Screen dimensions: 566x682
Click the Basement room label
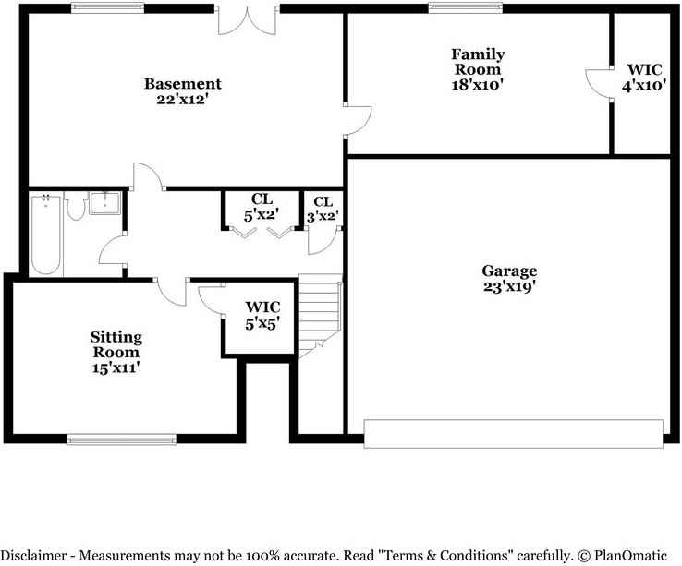[182, 84]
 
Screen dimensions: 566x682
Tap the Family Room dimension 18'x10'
[477, 84]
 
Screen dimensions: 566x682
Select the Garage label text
[508, 271]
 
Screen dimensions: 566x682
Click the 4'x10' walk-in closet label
[644, 84]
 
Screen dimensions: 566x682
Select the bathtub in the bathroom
[45, 235]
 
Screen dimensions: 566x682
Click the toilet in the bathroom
[75, 206]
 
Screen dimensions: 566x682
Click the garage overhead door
[513, 433]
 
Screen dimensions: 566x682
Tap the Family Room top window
[459, 8]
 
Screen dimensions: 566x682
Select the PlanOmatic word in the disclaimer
[625, 556]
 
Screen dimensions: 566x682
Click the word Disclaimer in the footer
[37, 556]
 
